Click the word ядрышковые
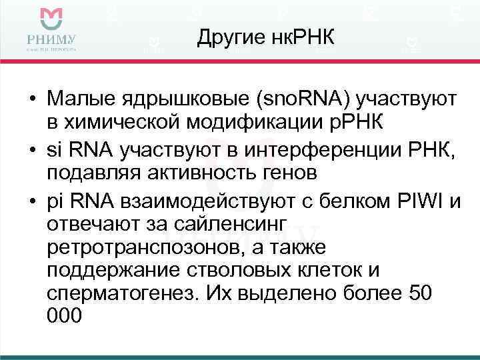point(186,99)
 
